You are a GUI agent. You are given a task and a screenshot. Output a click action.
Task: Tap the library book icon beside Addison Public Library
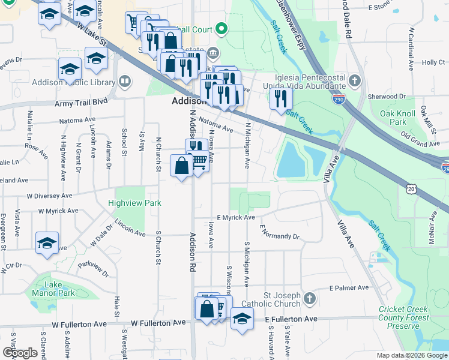pos(125,80)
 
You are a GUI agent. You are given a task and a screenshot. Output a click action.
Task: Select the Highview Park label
pos(134,203)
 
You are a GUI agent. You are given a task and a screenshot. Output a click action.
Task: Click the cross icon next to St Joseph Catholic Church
pos(309,298)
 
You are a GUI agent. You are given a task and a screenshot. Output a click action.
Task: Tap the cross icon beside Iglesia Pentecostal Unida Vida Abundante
pos(355,80)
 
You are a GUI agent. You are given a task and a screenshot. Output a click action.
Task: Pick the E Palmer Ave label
pos(348,288)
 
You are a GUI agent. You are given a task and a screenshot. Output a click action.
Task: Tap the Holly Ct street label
pos(432,62)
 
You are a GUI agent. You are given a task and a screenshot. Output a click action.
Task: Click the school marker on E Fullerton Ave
pos(242,318)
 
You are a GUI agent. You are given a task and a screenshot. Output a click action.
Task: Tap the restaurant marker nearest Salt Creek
pos(280,98)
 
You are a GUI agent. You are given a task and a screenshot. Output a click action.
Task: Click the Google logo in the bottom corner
pos(20,353)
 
